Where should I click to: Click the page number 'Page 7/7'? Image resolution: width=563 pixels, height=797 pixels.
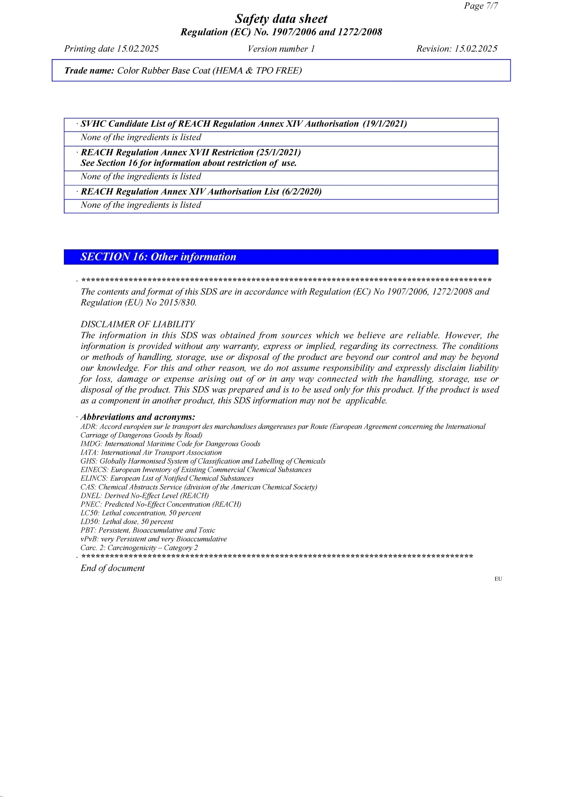coord(480,6)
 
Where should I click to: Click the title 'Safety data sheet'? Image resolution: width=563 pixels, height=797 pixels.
coord(281,19)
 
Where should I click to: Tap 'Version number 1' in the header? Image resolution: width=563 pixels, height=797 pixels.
coord(281,49)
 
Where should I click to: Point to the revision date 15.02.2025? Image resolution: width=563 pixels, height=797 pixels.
coord(476,49)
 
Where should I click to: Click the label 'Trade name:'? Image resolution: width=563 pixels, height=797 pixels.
coord(89,71)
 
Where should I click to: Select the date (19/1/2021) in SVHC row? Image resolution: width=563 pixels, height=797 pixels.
coord(385,124)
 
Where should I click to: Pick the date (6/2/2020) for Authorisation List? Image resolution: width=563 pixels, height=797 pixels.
coord(302,192)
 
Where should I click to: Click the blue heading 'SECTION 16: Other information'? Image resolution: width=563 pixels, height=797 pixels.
coord(158,257)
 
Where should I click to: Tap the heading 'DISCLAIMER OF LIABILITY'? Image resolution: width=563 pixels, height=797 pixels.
coord(137,324)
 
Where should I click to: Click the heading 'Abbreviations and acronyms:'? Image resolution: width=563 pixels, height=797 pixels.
coord(138,417)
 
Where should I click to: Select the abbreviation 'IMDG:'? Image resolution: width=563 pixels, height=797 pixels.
coord(92,444)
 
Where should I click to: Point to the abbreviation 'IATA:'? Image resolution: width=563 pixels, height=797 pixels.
coord(90,453)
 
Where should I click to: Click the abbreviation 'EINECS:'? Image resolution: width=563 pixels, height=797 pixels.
coord(95,470)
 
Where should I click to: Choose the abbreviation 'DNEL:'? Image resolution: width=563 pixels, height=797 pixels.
coord(92,496)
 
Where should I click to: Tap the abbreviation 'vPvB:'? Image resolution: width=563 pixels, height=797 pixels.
coord(90,539)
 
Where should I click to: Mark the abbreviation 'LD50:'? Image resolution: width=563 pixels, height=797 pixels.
coord(90,522)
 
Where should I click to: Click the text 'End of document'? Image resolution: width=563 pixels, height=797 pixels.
coord(113,568)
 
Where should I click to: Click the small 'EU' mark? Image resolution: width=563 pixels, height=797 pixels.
coord(498,579)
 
